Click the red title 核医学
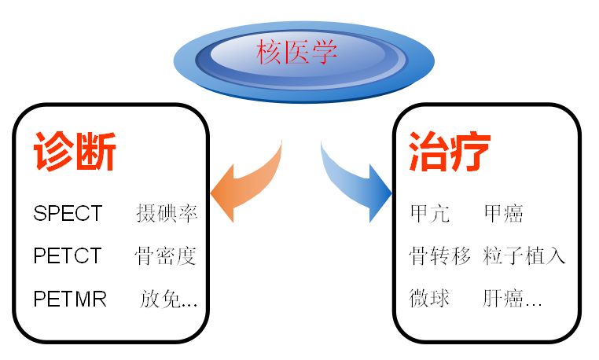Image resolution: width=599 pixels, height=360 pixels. click(x=297, y=53)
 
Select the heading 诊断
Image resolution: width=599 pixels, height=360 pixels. click(x=75, y=152)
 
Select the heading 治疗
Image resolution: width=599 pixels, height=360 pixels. click(x=450, y=152)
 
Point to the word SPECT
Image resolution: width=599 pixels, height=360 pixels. click(x=68, y=213)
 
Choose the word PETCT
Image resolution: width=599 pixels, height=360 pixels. click(x=68, y=255)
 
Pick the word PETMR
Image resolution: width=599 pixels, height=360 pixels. click(x=70, y=299)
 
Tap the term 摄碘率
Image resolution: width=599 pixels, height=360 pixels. click(x=166, y=213)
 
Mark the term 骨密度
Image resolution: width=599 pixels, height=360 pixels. click(x=166, y=255)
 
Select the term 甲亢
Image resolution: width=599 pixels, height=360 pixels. click(x=429, y=213)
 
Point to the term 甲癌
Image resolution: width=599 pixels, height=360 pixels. click(x=503, y=213)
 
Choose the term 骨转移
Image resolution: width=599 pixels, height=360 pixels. click(x=440, y=255)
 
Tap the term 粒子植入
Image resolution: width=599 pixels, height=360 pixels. click(x=524, y=255)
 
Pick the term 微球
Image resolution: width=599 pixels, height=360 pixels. click(x=429, y=299)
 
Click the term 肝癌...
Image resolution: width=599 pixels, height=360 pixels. click(x=503, y=299)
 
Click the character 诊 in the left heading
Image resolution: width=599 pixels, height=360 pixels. click(x=53, y=152)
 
